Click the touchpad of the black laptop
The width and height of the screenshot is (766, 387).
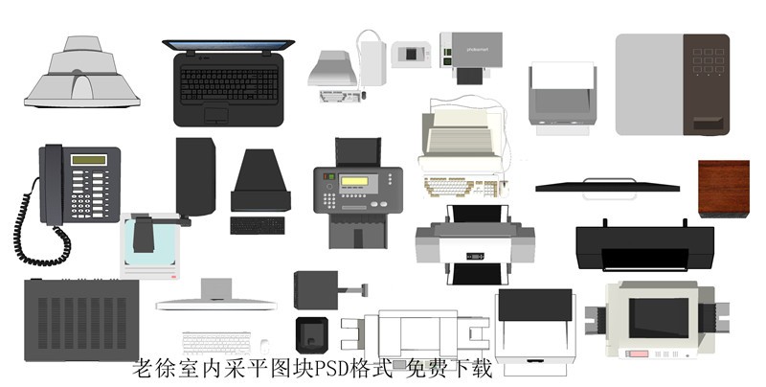[216, 116]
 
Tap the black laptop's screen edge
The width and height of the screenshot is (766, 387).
[228, 45]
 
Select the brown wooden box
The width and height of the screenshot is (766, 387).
[723, 189]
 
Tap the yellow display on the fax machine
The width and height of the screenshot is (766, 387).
[355, 182]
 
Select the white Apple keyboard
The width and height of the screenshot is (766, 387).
[214, 342]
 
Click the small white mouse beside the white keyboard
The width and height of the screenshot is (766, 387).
[263, 343]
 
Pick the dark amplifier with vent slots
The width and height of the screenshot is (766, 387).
[81, 320]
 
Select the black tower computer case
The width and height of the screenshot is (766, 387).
[195, 177]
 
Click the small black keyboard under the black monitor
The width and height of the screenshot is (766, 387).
[258, 225]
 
